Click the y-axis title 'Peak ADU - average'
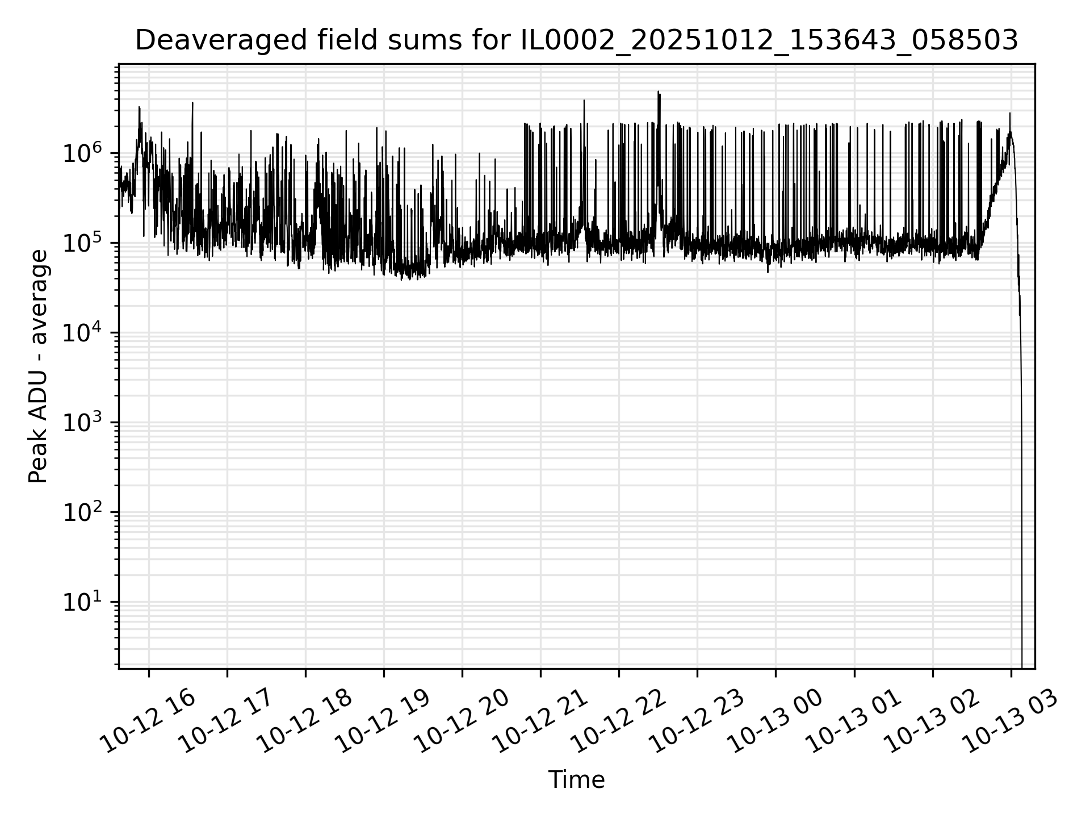[x=39, y=366]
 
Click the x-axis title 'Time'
[x=576, y=781]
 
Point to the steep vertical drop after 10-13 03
[x=1021, y=398]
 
